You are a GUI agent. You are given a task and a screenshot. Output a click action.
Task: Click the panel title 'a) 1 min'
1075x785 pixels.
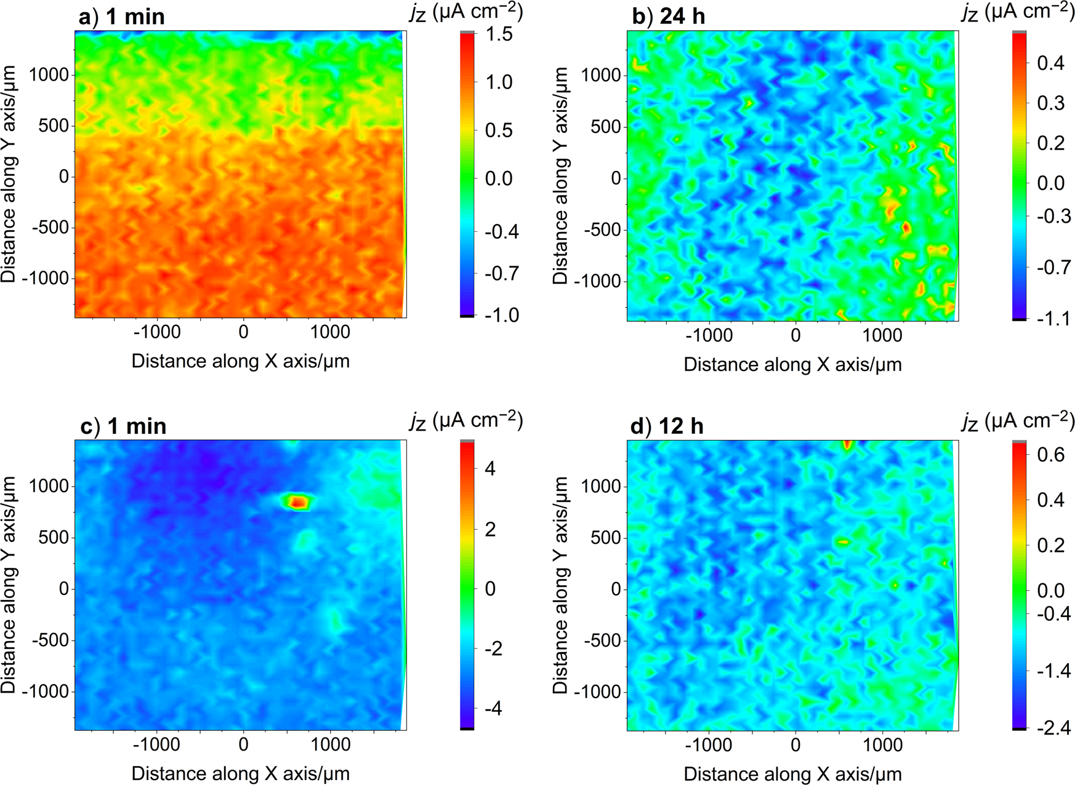[x=121, y=17]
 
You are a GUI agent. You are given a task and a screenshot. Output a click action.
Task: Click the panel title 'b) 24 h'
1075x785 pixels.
[x=668, y=17]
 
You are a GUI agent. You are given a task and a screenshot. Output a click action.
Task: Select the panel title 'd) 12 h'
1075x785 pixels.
[x=667, y=426]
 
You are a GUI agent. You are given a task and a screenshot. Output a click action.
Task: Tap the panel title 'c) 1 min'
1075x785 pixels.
[x=123, y=426]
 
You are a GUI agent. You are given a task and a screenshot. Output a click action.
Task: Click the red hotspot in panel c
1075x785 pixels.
[x=298, y=501]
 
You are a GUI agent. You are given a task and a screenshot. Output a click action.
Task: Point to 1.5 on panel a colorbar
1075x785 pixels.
[x=498, y=34]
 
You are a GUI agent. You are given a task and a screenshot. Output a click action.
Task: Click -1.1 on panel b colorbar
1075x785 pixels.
[x=1053, y=319]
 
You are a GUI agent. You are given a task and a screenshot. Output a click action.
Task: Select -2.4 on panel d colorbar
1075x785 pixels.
[x=1053, y=728]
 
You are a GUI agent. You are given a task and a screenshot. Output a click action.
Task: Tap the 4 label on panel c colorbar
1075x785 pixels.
[x=490, y=469]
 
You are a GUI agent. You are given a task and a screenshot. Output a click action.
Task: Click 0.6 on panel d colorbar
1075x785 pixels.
[x=1050, y=455]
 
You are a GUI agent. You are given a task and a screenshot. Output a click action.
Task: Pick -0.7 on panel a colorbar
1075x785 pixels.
[x=501, y=273]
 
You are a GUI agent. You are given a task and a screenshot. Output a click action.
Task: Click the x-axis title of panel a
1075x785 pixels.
[x=240, y=361]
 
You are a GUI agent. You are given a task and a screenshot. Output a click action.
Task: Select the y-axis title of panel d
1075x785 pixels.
[x=560, y=584]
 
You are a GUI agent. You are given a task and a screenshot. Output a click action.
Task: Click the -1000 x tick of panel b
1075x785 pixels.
[x=709, y=335]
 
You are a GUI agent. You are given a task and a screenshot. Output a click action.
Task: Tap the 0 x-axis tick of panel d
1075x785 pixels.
[x=795, y=745]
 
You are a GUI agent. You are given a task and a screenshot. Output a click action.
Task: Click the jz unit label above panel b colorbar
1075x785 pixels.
[x=1017, y=12]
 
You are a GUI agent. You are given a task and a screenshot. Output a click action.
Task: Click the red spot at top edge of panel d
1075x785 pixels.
[x=848, y=444]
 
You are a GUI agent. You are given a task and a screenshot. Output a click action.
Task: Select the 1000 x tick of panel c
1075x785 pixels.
[x=330, y=745]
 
